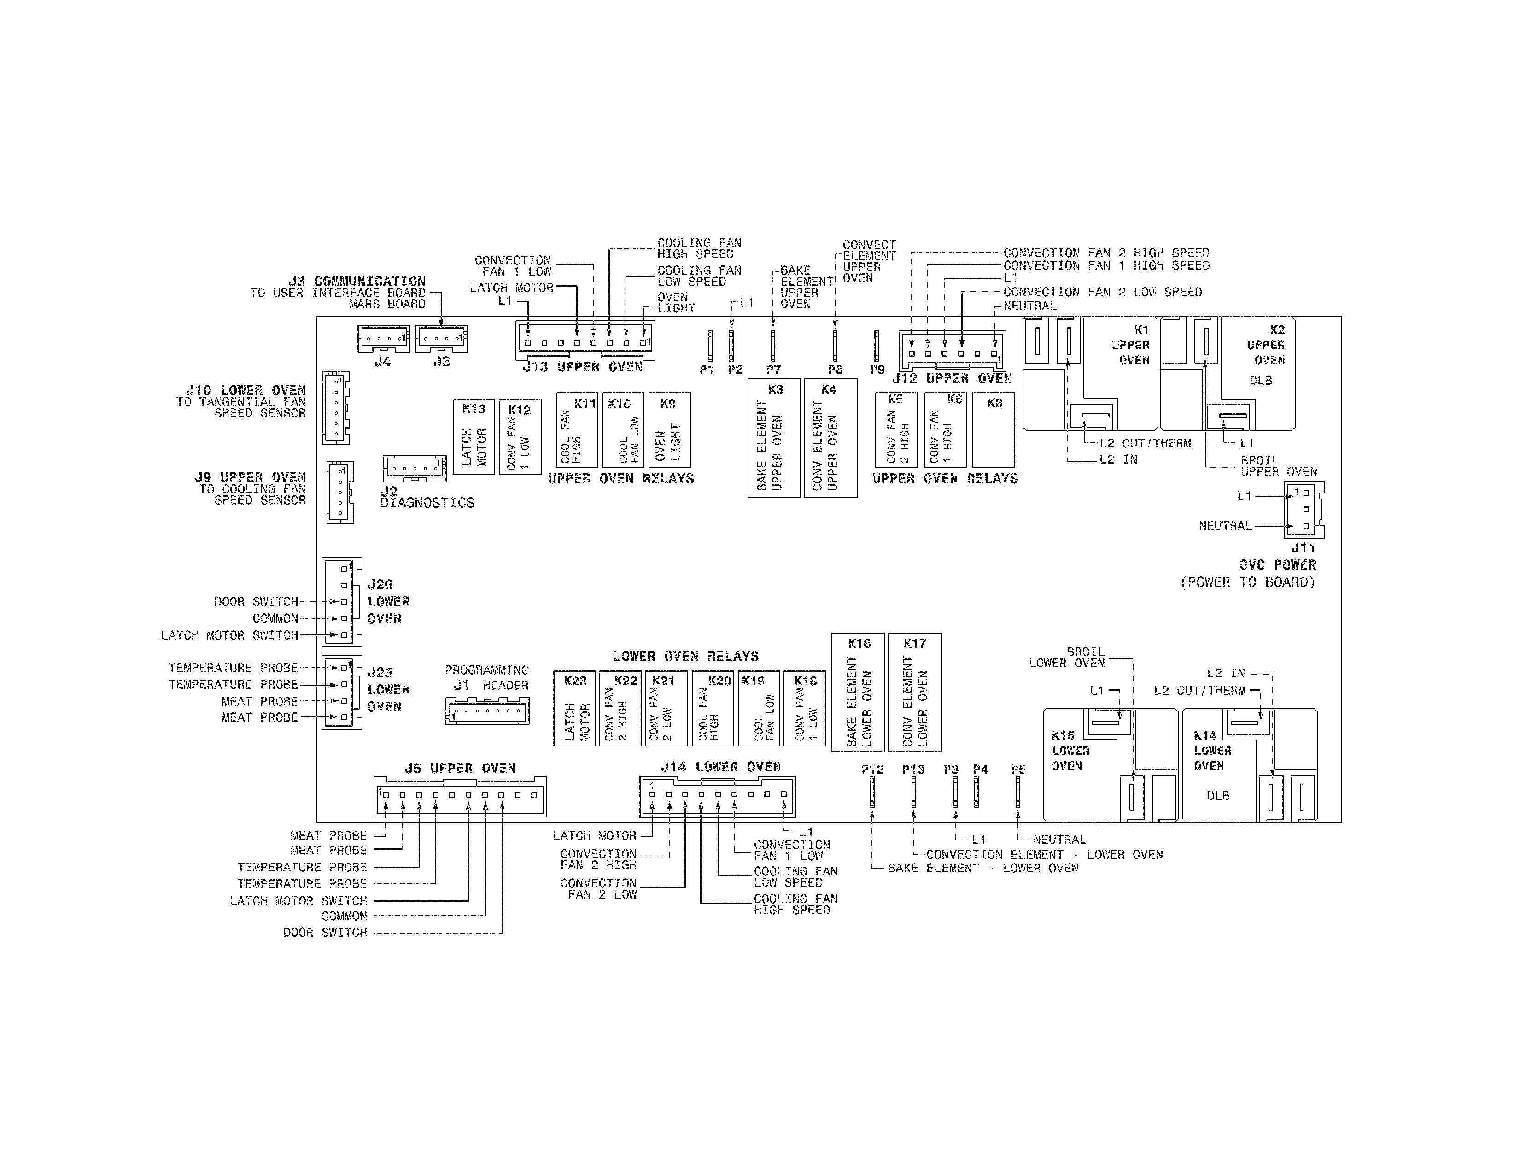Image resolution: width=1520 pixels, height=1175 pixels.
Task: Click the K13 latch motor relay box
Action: [x=474, y=436]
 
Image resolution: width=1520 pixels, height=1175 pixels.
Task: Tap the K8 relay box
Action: [x=993, y=429]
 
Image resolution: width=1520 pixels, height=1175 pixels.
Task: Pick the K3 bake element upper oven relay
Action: [x=774, y=438]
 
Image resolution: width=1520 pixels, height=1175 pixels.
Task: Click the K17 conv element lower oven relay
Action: [x=914, y=692]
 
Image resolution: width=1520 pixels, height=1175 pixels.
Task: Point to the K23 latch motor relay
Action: [x=575, y=708]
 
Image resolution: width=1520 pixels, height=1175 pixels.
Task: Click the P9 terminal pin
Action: [x=876, y=346]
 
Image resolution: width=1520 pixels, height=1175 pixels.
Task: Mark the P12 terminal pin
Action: [x=872, y=792]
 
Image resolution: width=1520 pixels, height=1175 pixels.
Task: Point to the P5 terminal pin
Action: [x=1017, y=792]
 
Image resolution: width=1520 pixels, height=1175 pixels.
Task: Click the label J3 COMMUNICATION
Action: [x=357, y=281]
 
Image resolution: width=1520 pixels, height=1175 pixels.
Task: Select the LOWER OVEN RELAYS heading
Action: [x=685, y=656]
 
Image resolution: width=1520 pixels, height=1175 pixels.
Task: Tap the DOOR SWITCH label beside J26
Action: [x=256, y=601]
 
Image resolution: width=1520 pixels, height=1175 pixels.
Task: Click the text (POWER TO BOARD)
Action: [x=1248, y=582]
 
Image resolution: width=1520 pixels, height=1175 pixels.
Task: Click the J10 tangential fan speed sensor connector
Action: [x=335, y=408]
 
